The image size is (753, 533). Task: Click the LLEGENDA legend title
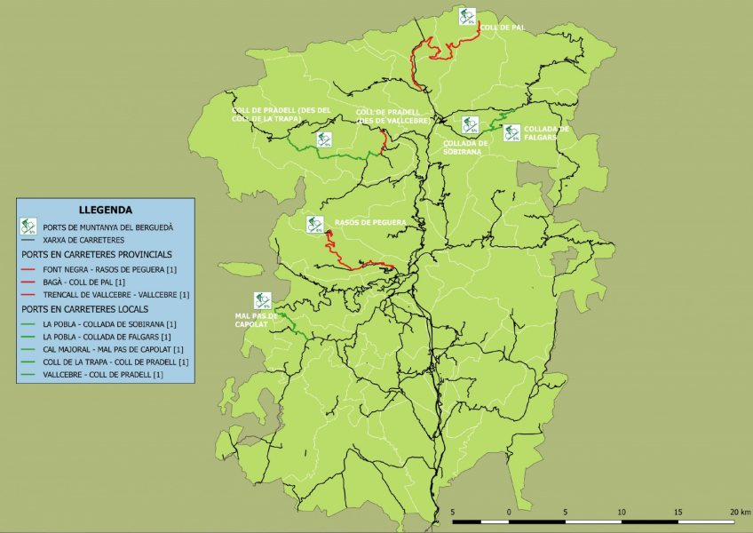pyautogui.click(x=106, y=210)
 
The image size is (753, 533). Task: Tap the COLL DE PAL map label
pyautogui.click(x=503, y=28)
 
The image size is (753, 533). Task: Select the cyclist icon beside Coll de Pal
pyautogui.click(x=467, y=15)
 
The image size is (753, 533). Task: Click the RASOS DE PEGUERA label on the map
pyautogui.click(x=370, y=222)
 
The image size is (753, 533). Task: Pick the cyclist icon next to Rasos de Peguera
pyautogui.click(x=313, y=224)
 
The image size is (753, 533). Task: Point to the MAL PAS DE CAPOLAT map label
pyautogui.click(x=257, y=320)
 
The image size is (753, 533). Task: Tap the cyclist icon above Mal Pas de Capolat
pyautogui.click(x=262, y=300)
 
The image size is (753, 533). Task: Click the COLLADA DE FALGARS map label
pyautogui.click(x=546, y=132)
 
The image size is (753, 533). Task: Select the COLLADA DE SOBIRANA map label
pyautogui.click(x=465, y=147)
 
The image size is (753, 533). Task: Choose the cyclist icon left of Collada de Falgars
pyautogui.click(x=511, y=132)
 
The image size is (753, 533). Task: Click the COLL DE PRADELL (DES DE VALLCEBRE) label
pyautogui.click(x=392, y=116)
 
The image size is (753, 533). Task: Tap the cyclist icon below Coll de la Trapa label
pyautogui.click(x=324, y=139)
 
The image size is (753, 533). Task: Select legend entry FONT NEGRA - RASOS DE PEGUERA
pyautogui.click(x=110, y=268)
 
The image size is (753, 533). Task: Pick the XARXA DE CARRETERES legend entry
pyautogui.click(x=83, y=240)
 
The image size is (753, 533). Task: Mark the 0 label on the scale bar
pyautogui.click(x=509, y=513)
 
